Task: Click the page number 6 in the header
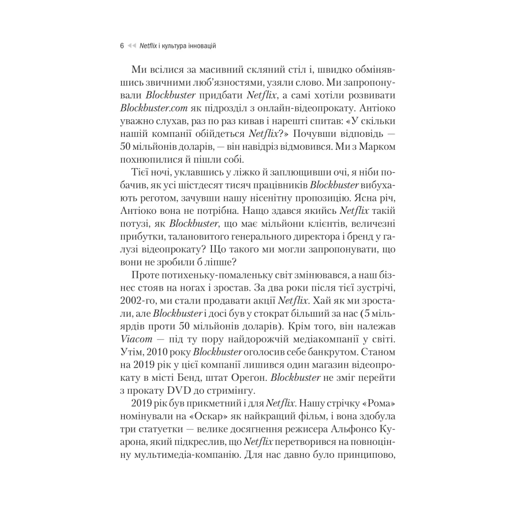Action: tap(122, 46)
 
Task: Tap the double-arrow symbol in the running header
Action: tap(132, 46)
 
